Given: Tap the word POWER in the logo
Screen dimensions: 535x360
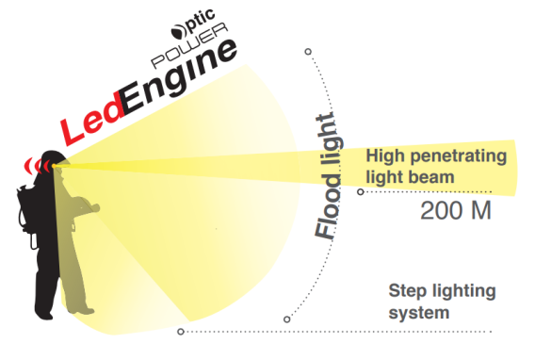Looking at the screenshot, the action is [x=189, y=45].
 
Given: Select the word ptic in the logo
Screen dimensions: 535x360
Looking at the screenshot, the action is [x=201, y=21].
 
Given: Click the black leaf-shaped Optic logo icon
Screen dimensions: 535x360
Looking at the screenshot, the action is [x=178, y=31].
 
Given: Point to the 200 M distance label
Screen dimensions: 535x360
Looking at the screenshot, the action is [x=456, y=210].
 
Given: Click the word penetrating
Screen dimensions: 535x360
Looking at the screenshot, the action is [x=459, y=156].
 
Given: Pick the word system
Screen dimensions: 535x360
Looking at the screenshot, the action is [x=418, y=313].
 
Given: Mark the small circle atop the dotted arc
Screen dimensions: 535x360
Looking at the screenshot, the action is [x=308, y=52].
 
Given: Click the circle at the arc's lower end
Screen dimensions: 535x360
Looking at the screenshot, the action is [x=287, y=319].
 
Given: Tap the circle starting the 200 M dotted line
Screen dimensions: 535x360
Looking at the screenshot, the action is [x=361, y=191].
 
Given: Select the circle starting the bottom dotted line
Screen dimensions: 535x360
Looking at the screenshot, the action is [x=181, y=332].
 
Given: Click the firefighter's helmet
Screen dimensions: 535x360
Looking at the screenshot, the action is [x=55, y=158].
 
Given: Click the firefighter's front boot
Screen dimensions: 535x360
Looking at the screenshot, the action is [x=81, y=310].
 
